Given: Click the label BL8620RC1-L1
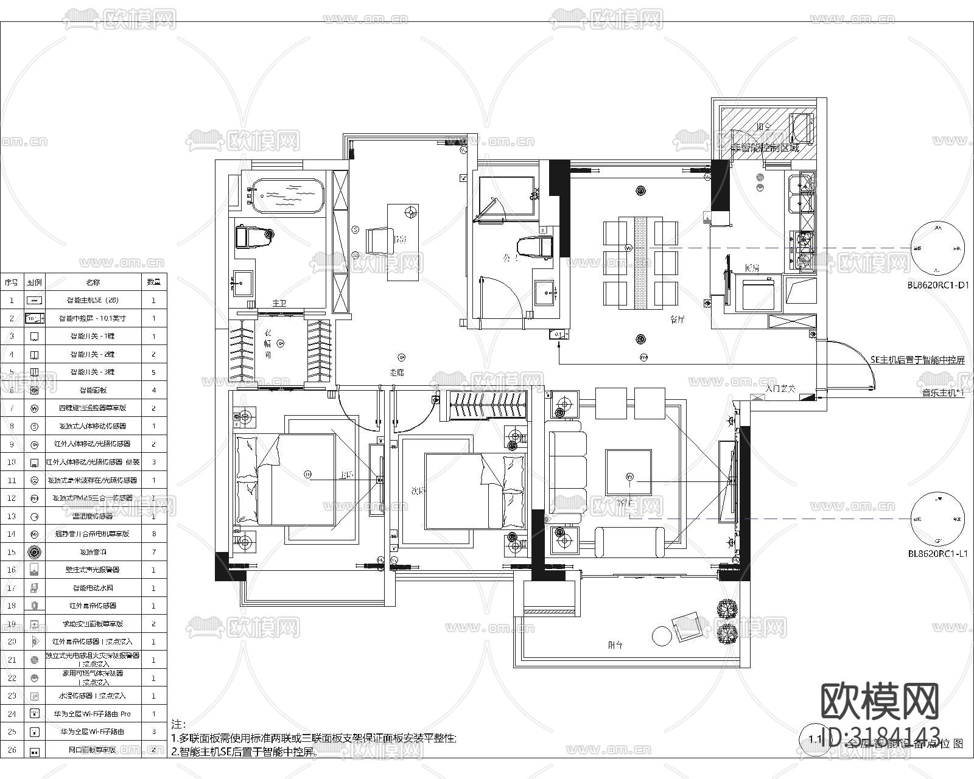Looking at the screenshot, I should coord(937,554).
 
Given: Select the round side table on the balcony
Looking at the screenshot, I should coord(661,635).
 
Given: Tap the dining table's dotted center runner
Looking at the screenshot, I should coord(640,262).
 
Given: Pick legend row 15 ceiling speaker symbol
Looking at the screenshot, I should coord(34,552).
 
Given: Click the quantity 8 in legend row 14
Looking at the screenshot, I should coord(154,534).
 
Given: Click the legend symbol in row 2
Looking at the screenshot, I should coord(34,318).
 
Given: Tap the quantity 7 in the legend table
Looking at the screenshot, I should coord(154,552).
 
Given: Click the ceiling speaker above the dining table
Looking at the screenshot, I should coord(640,190).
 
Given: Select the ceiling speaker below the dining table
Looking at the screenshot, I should coord(640,339).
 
